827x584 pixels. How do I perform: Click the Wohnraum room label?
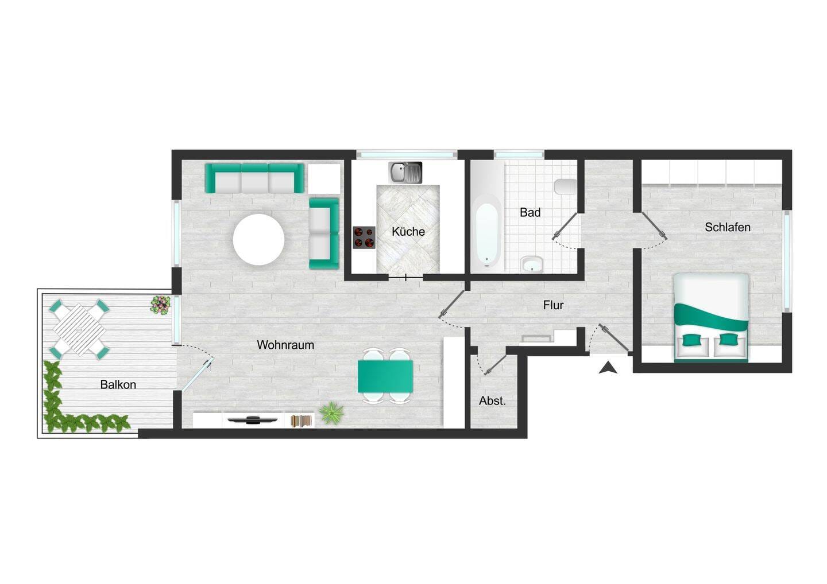(x=285, y=345)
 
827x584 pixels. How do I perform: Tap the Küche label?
(x=408, y=232)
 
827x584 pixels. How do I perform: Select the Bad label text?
(x=530, y=212)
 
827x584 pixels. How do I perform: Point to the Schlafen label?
(x=727, y=227)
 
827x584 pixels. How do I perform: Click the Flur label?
(x=554, y=305)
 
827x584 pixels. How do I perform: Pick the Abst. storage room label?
(x=492, y=401)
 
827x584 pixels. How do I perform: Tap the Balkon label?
(x=118, y=384)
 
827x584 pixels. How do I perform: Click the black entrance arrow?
(x=608, y=368)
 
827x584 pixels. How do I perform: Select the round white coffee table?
(x=258, y=240)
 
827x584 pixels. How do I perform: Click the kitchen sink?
(x=405, y=173)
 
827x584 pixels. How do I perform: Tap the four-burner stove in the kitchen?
(x=364, y=238)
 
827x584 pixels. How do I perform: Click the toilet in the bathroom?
(x=565, y=186)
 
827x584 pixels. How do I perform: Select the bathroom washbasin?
(x=532, y=264)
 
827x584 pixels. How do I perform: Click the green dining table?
(x=385, y=376)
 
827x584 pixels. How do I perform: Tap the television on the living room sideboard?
(x=253, y=419)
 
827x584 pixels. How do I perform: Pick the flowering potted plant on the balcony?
(x=161, y=305)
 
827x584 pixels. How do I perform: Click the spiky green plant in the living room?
(x=331, y=413)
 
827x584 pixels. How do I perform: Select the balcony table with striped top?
(x=79, y=329)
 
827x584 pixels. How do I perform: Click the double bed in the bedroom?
(x=712, y=318)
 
